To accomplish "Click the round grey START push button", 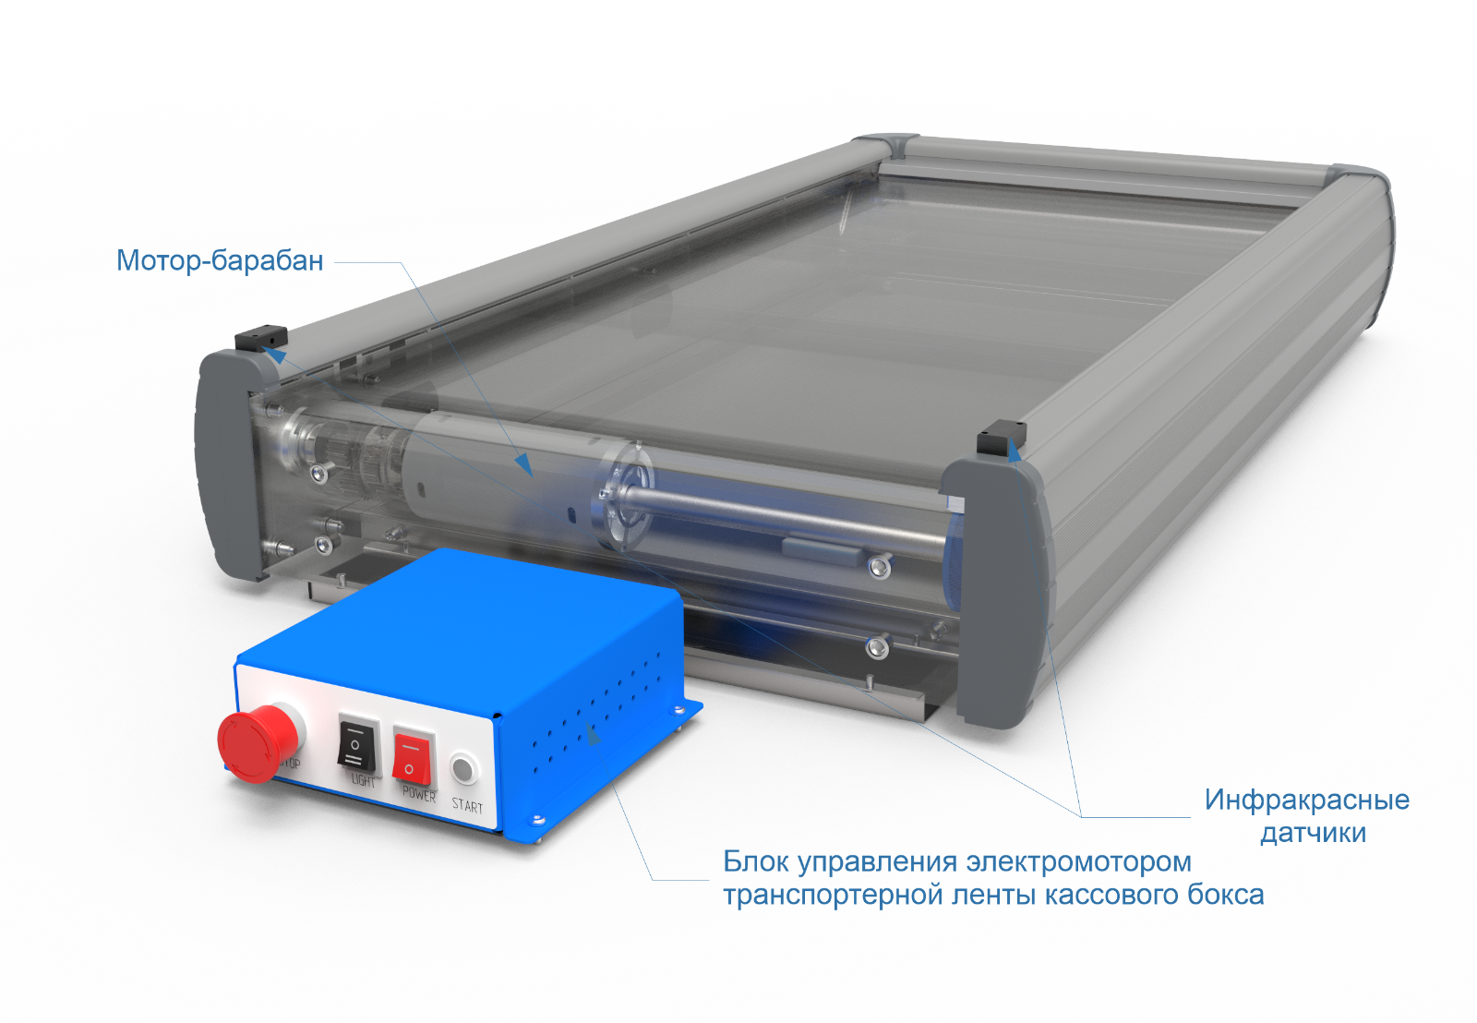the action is pyautogui.click(x=464, y=769).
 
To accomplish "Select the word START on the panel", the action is pyautogui.click(x=467, y=805).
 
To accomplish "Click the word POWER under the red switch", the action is pyautogui.click(x=419, y=794).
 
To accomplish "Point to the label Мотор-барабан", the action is pyautogui.click(x=220, y=260).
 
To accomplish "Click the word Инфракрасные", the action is pyautogui.click(x=1307, y=800).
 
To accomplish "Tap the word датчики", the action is pyautogui.click(x=1313, y=833).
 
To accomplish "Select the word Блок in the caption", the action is pyautogui.click(x=756, y=861).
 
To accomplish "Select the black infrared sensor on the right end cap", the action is pyautogui.click(x=1001, y=438).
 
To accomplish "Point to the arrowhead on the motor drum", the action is pyautogui.click(x=524, y=464).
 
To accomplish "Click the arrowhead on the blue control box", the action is pyautogui.click(x=593, y=733).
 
